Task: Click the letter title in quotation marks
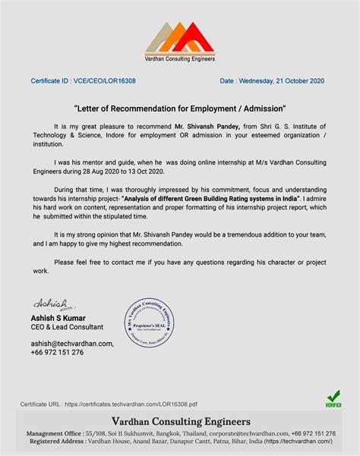[180, 108]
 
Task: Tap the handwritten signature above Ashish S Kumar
[48, 302]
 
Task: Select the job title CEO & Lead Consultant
[67, 327]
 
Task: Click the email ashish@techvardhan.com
[72, 344]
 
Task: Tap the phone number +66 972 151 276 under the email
[57, 354]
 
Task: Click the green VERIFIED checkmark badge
[333, 399]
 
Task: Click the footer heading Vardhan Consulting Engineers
[180, 421]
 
